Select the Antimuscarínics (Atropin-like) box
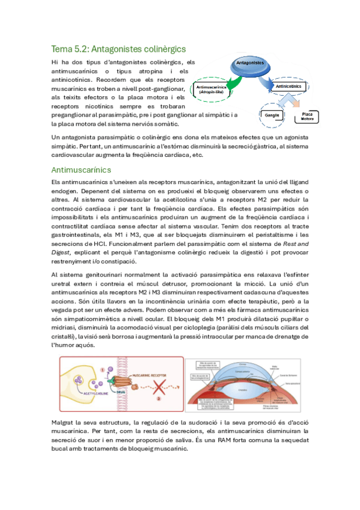click(x=212, y=88)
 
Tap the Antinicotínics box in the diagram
click(x=288, y=87)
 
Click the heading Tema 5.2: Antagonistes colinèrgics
click(x=118, y=49)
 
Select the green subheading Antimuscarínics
click(x=81, y=170)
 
